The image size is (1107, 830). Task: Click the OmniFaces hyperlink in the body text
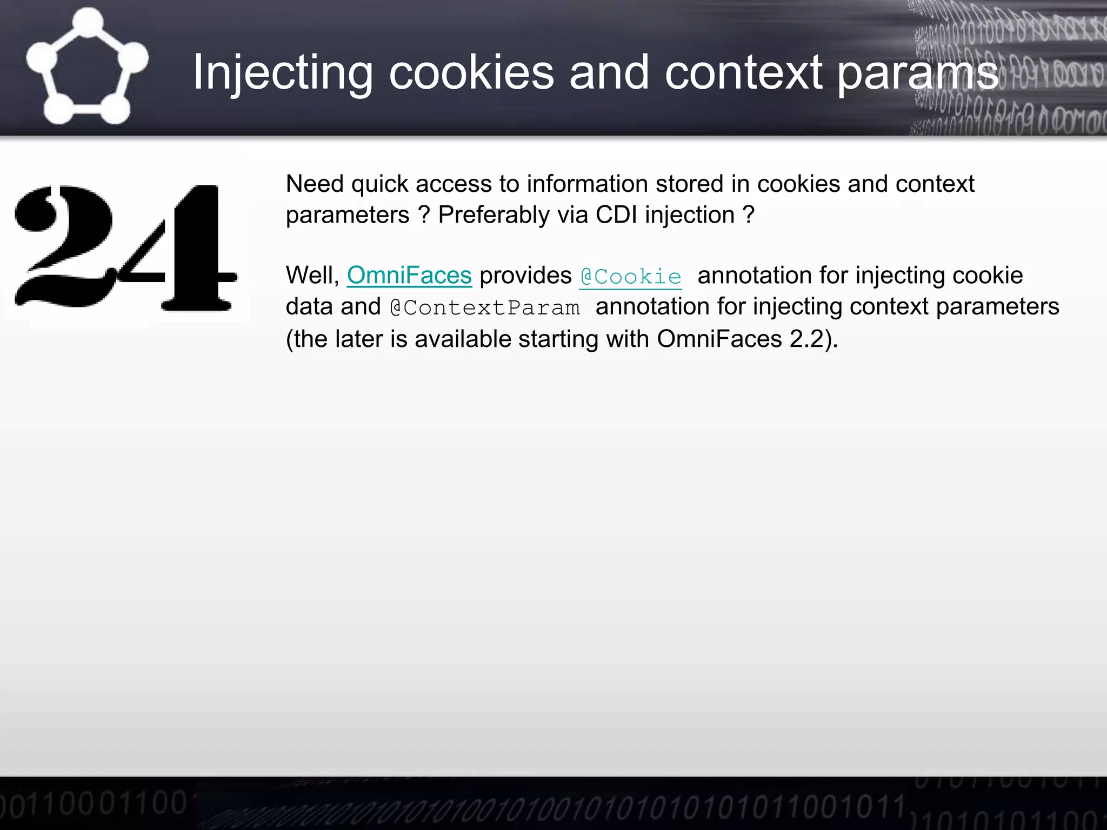click(409, 276)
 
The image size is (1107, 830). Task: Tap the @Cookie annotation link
click(630, 277)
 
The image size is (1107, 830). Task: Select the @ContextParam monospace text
click(485, 307)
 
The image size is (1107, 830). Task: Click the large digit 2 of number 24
click(65, 246)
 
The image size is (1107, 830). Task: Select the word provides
click(525, 276)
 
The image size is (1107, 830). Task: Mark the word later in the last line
click(358, 339)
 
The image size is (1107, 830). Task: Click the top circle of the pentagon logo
click(88, 23)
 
